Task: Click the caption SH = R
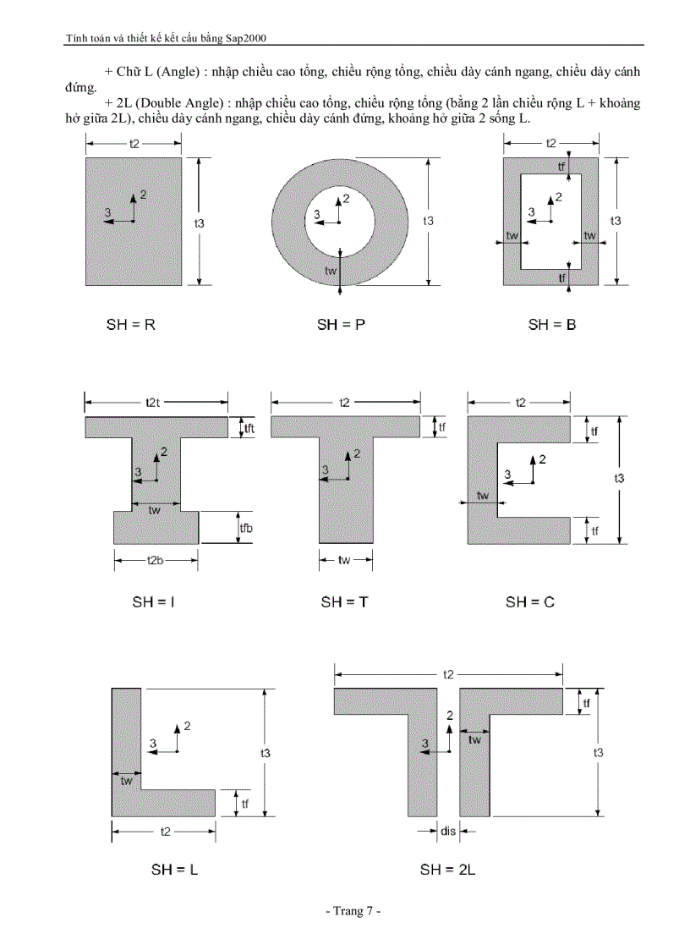point(130,324)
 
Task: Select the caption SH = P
point(341,324)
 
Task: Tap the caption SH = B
point(552,324)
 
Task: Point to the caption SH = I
point(153,602)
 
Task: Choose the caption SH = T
point(344,602)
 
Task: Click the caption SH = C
point(530,602)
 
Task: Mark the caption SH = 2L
point(448,869)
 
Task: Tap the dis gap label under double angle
point(448,832)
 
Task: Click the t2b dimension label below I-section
point(156,560)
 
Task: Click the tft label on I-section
point(249,429)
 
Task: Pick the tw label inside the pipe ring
point(332,270)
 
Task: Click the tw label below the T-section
point(344,560)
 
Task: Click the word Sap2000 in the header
point(254,38)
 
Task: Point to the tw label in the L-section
point(126,781)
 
